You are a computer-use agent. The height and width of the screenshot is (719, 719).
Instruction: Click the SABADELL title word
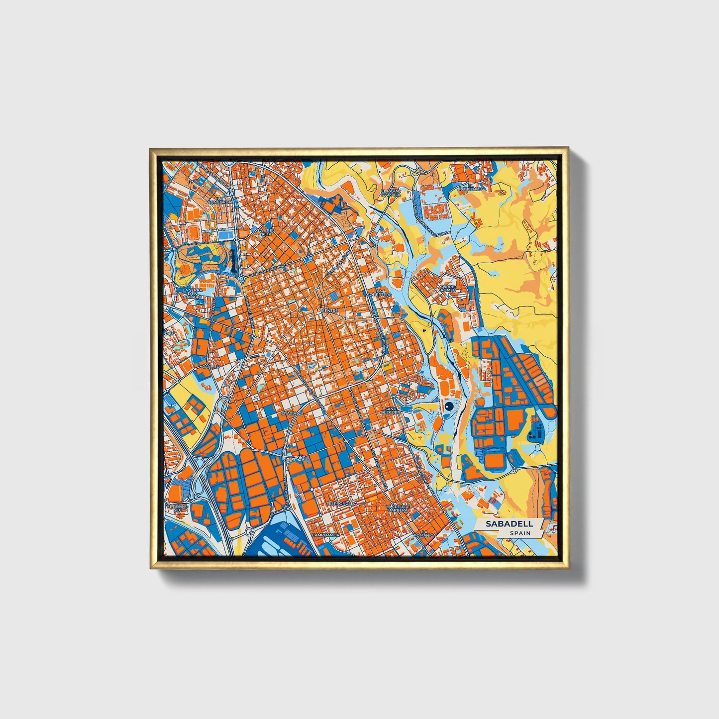pos(510,523)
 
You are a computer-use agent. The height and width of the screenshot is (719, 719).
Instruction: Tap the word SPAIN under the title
pos(520,533)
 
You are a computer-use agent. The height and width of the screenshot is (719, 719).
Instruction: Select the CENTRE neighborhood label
pos(329,310)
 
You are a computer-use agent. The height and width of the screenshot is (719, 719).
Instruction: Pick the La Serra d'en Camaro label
pos(192,293)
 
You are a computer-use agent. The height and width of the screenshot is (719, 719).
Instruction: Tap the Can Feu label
pos(210,367)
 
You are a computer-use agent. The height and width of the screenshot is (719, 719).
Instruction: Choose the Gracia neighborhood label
pos(289,413)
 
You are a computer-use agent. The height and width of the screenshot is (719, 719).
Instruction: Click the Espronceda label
pos(342,504)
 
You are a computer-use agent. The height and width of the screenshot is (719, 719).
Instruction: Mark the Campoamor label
pos(325,535)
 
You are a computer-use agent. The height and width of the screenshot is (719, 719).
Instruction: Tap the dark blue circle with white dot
pos(449,407)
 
